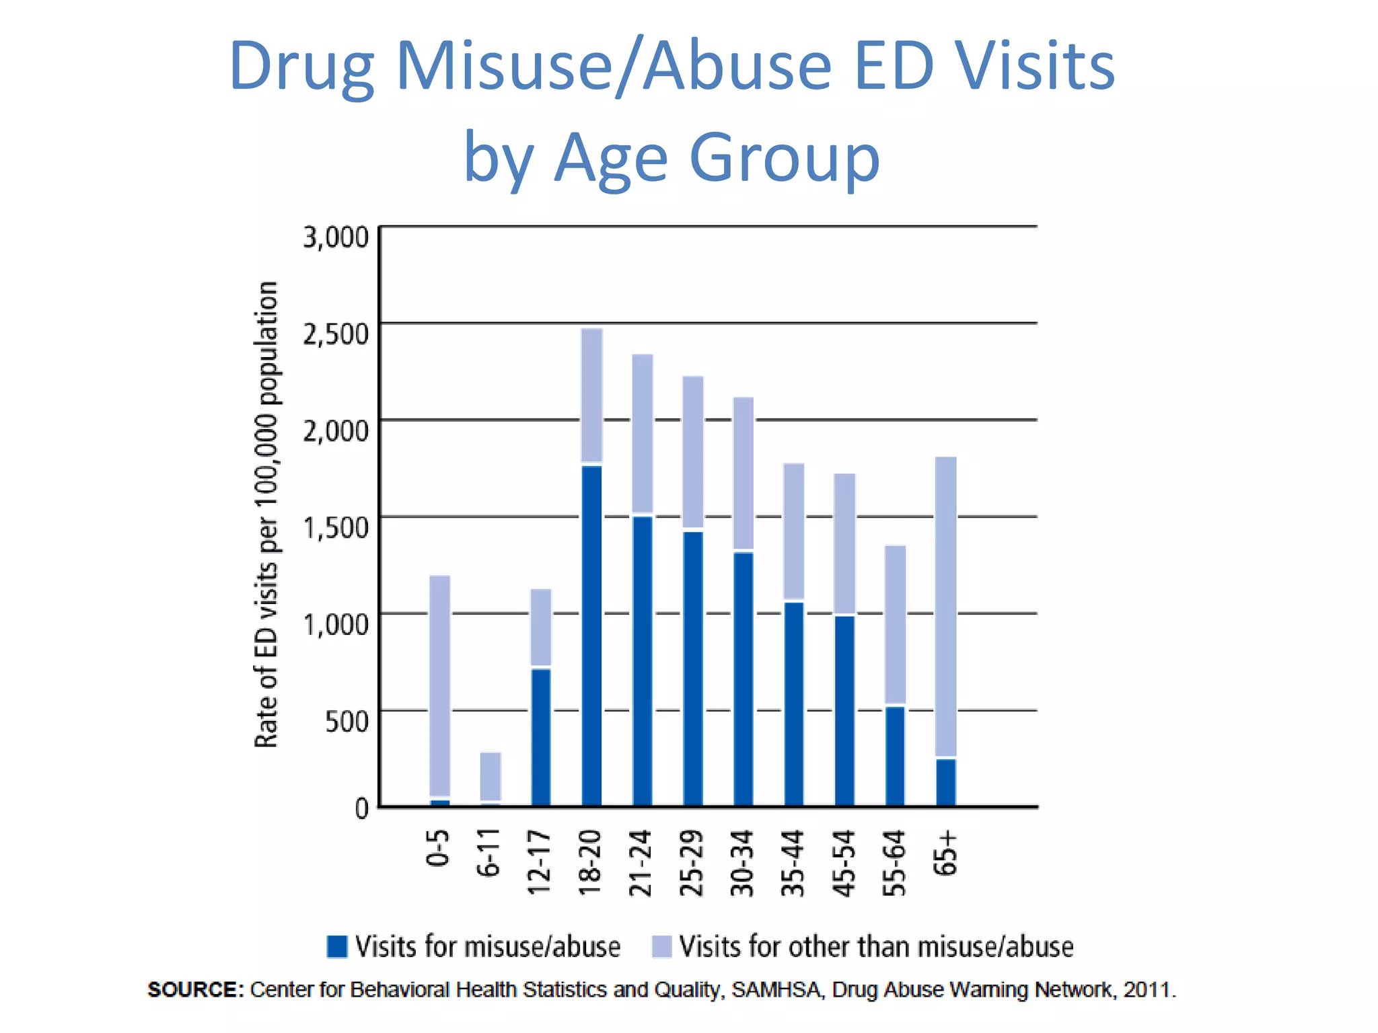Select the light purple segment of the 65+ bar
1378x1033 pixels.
click(x=945, y=605)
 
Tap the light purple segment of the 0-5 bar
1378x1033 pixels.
click(x=439, y=686)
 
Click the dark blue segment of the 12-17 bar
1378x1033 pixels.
click(x=541, y=736)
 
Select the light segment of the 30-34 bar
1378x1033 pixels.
click(x=743, y=473)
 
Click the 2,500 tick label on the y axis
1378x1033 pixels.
click(x=336, y=334)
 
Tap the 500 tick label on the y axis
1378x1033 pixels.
click(x=347, y=722)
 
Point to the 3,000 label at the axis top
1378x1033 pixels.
click(x=336, y=237)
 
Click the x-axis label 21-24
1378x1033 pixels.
click(x=641, y=863)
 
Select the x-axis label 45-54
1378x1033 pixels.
click(x=844, y=863)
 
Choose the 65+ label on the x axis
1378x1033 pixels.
click(x=945, y=853)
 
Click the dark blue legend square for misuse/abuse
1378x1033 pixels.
click(x=337, y=946)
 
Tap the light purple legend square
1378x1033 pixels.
click(x=661, y=946)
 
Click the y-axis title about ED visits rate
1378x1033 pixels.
click(x=266, y=514)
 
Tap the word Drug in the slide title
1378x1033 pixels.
click(x=301, y=67)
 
